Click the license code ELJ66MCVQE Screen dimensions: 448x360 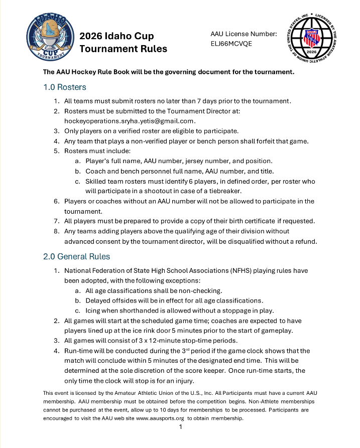coord(231,44)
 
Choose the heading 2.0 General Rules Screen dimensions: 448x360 coord(77,256)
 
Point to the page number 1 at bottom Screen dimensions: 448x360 coord(180,427)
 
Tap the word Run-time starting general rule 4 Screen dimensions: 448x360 coord(79,351)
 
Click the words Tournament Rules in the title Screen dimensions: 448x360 coord(124,49)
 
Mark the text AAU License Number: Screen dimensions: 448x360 coord(244,34)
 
